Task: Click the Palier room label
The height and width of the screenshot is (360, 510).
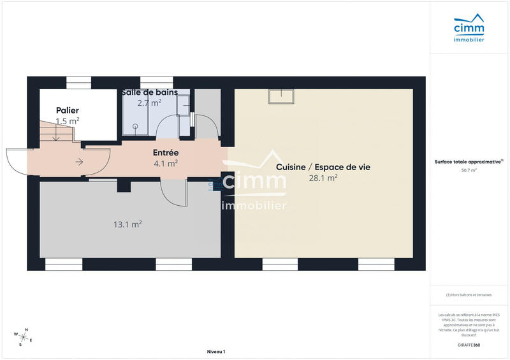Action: pyautogui.click(x=68, y=110)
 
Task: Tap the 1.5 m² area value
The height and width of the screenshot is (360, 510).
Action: pyautogui.click(x=68, y=120)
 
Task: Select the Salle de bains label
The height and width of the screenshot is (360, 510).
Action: pyautogui.click(x=149, y=92)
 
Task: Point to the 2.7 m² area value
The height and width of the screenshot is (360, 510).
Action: pyautogui.click(x=149, y=103)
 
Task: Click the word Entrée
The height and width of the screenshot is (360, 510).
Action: pyautogui.click(x=166, y=153)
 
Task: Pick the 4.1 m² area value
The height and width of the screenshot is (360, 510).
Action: pyautogui.click(x=166, y=163)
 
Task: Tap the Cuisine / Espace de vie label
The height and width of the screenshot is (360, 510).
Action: pyautogui.click(x=323, y=167)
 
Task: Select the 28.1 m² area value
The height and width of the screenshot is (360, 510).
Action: pyautogui.click(x=323, y=178)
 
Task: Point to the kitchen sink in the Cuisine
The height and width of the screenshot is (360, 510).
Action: pyautogui.click(x=281, y=96)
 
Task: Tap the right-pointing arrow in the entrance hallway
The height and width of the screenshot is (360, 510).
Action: pyautogui.click(x=79, y=162)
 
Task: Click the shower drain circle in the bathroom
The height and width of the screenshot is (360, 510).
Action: pyautogui.click(x=135, y=126)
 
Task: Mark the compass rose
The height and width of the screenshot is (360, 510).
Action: pyautogui.click(x=23, y=336)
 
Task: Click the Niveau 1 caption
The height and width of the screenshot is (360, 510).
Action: pyautogui.click(x=216, y=352)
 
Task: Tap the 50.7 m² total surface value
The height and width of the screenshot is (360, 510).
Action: pyautogui.click(x=469, y=171)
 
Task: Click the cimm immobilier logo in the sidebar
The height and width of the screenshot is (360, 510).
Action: pyautogui.click(x=469, y=29)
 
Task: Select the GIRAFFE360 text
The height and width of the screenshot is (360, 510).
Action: pyautogui.click(x=469, y=345)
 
